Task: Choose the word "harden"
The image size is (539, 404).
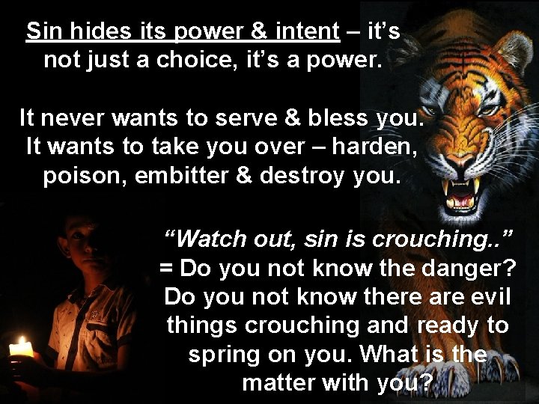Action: [372, 147]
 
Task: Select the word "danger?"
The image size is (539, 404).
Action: [468, 268]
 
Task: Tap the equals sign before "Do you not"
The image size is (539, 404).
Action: [166, 268]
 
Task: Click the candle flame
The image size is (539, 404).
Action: [21, 346]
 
